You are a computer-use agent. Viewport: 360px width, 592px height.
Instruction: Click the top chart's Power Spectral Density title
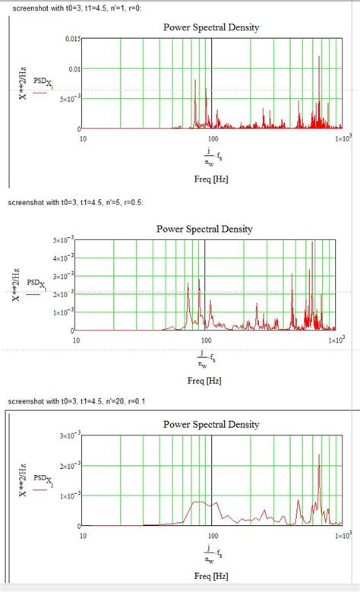click(x=211, y=27)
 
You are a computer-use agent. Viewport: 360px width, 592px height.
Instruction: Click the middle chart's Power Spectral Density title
click(x=204, y=228)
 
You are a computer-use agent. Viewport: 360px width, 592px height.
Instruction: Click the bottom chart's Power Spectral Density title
click(x=211, y=424)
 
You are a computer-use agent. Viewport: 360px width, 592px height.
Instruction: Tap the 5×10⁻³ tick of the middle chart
click(x=64, y=240)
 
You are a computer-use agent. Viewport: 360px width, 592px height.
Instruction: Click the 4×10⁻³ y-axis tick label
click(x=64, y=258)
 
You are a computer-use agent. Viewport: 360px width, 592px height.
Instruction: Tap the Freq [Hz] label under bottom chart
click(x=212, y=575)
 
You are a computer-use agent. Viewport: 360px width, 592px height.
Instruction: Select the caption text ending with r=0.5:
click(x=74, y=202)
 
